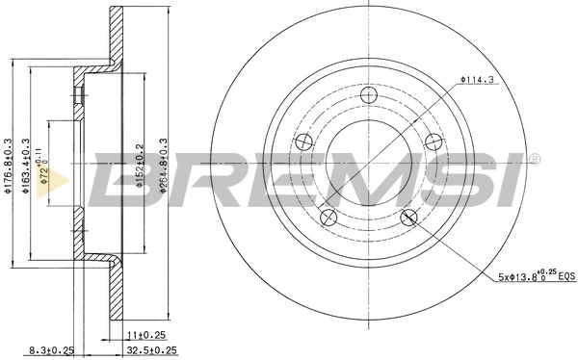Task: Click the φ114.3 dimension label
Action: [x=477, y=80]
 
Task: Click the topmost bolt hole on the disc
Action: [x=368, y=95]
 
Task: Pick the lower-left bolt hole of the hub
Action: [x=328, y=216]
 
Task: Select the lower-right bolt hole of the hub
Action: [x=407, y=216]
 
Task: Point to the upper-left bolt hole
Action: [x=304, y=141]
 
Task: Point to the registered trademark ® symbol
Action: [x=536, y=159]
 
